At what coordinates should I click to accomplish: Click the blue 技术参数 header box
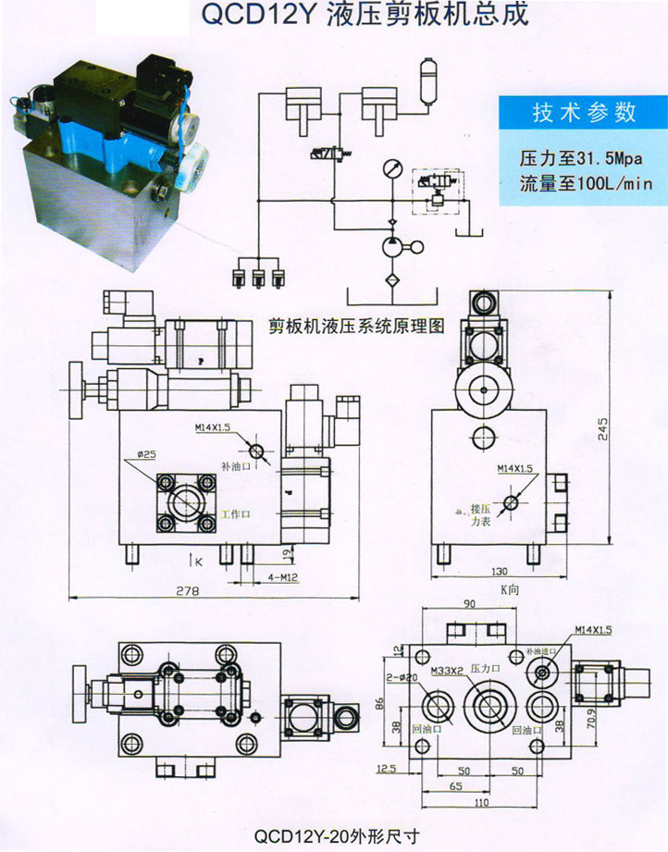point(584,113)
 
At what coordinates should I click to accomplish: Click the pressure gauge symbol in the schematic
point(391,173)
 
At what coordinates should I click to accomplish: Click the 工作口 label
point(237,514)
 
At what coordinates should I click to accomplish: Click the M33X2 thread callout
point(447,667)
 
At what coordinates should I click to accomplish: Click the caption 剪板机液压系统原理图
point(356,327)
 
